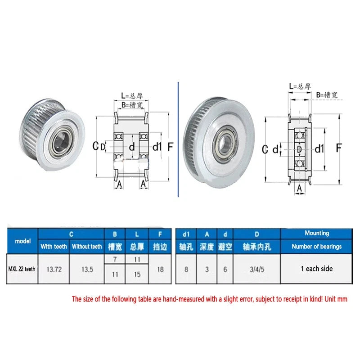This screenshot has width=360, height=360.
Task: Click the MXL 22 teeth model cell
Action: pos(22,269)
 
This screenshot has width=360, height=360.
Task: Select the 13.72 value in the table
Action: pos(54,269)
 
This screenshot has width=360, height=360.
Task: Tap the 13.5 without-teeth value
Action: pos(87,269)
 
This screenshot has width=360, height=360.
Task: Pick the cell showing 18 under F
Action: pos(160,269)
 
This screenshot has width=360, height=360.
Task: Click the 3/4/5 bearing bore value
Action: pos(257,269)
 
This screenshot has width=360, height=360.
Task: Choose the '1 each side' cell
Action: pos(317,269)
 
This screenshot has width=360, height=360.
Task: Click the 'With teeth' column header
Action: pos(54,246)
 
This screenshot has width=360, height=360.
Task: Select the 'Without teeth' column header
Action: pos(87,246)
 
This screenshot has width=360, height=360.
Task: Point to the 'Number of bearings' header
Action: pos(317,246)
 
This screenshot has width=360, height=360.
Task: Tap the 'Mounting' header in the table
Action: pos(317,233)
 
